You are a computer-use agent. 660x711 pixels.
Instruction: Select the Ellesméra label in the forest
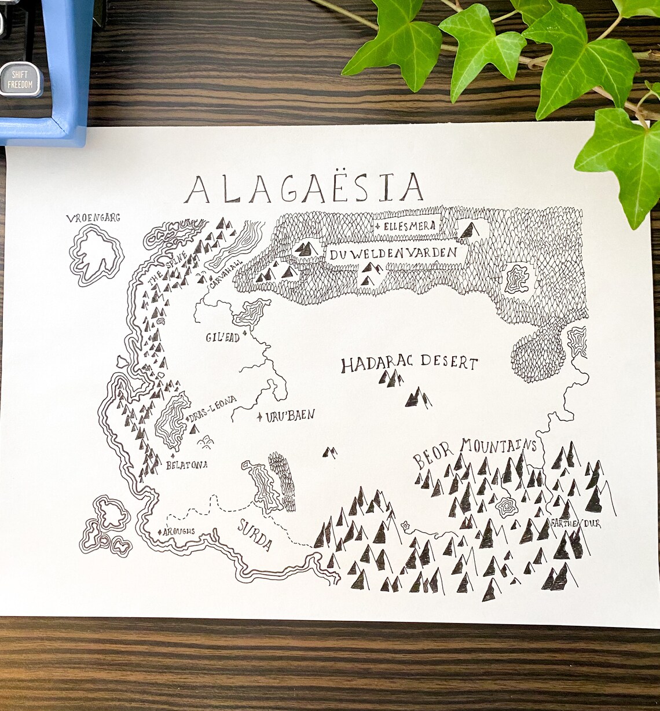pos(408,225)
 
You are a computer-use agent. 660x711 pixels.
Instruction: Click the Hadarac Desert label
pos(409,364)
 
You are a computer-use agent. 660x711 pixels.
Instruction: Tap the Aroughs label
pos(179,531)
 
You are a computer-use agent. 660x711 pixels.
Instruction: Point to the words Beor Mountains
pos(475,451)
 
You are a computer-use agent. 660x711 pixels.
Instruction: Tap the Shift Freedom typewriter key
pos(20,80)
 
